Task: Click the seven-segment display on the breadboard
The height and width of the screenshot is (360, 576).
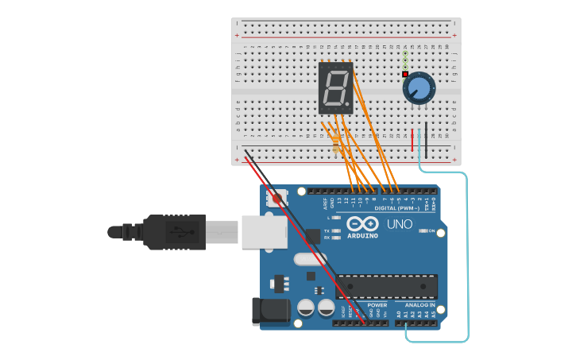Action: (x=335, y=88)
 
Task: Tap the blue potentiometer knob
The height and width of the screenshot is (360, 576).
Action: (x=419, y=88)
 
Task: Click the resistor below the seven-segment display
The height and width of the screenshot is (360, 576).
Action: (x=335, y=144)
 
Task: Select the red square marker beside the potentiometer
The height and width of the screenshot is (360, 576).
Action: (x=405, y=74)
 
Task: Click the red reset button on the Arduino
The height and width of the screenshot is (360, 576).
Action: (x=276, y=199)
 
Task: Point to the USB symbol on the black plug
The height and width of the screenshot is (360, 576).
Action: (x=184, y=232)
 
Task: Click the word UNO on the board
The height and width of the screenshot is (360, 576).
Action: (x=400, y=224)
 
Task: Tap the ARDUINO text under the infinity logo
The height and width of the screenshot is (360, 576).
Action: (x=362, y=236)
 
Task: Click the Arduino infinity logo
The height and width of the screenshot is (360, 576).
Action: (x=362, y=223)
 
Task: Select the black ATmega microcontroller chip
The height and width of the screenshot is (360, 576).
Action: (x=387, y=286)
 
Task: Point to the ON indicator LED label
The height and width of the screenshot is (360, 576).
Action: (x=431, y=231)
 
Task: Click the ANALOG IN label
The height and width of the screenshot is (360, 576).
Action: (x=420, y=305)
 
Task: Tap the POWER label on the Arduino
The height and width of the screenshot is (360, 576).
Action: (x=377, y=305)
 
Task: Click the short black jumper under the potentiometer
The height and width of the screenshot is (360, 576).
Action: (x=426, y=139)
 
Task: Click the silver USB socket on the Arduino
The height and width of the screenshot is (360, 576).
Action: (x=261, y=232)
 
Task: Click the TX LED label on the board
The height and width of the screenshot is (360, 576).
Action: (x=327, y=230)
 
